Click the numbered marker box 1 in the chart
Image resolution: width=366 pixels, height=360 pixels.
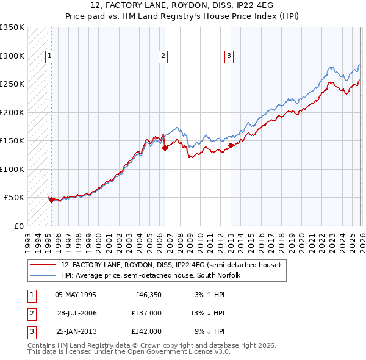pyautogui.click(x=50, y=56)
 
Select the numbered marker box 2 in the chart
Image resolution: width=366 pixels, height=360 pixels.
pyautogui.click(x=163, y=56)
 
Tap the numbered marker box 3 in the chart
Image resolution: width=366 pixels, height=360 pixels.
pyautogui.click(x=229, y=56)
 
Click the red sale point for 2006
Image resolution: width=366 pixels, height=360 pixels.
pyautogui.click(x=165, y=148)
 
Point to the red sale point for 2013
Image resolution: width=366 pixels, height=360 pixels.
pyautogui.click(x=231, y=145)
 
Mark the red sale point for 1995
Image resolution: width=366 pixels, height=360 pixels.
pyautogui.click(x=51, y=199)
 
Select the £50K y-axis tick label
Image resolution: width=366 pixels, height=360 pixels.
pyautogui.click(x=14, y=198)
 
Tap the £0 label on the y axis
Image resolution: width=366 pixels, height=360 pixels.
pyautogui.click(x=18, y=226)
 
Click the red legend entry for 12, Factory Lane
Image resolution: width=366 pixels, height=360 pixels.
pyautogui.click(x=171, y=265)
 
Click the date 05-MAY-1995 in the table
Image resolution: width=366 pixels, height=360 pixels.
pyautogui.click(x=75, y=295)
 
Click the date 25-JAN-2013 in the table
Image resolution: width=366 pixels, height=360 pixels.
pyautogui.click(x=76, y=331)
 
